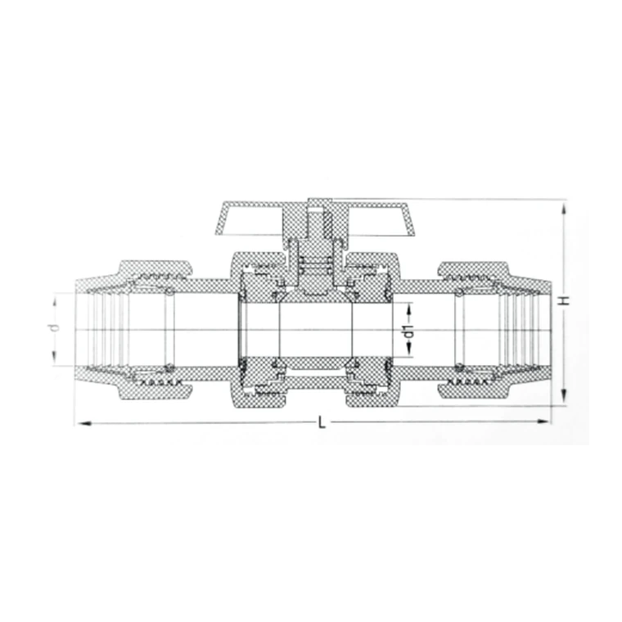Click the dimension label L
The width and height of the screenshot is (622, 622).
tap(322, 422)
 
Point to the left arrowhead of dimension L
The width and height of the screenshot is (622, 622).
tap(85, 424)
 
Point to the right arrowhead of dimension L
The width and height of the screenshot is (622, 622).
tap(543, 421)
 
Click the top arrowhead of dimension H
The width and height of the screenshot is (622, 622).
tap(564, 209)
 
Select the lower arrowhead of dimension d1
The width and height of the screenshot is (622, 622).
tap(408, 349)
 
